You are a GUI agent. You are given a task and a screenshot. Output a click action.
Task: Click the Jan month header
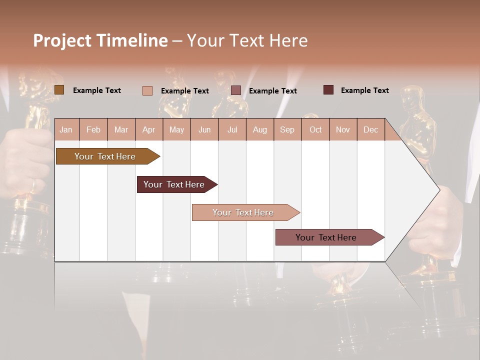tap(66, 129)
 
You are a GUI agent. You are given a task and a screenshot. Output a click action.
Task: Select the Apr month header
tap(148, 129)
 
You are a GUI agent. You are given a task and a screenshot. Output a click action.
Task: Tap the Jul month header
tap(232, 129)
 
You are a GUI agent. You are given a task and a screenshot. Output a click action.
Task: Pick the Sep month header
tap(287, 129)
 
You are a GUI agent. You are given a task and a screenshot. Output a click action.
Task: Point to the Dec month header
tap(370, 129)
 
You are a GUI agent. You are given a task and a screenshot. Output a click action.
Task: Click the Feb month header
tap(93, 129)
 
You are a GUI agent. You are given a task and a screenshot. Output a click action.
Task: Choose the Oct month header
tap(315, 129)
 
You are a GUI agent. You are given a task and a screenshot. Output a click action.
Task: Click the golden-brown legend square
tap(59, 90)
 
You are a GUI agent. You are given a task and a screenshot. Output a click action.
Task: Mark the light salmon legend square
tap(147, 90)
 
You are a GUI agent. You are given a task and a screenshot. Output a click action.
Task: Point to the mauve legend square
tap(236, 90)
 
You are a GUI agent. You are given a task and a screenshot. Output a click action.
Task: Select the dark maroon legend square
tap(328, 90)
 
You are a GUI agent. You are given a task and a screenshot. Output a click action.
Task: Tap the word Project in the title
tap(61, 40)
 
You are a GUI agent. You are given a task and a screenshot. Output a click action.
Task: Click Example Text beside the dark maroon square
tap(364, 90)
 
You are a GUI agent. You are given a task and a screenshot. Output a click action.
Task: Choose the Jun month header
tap(204, 129)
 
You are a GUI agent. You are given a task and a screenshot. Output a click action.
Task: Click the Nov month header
tap(343, 129)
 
